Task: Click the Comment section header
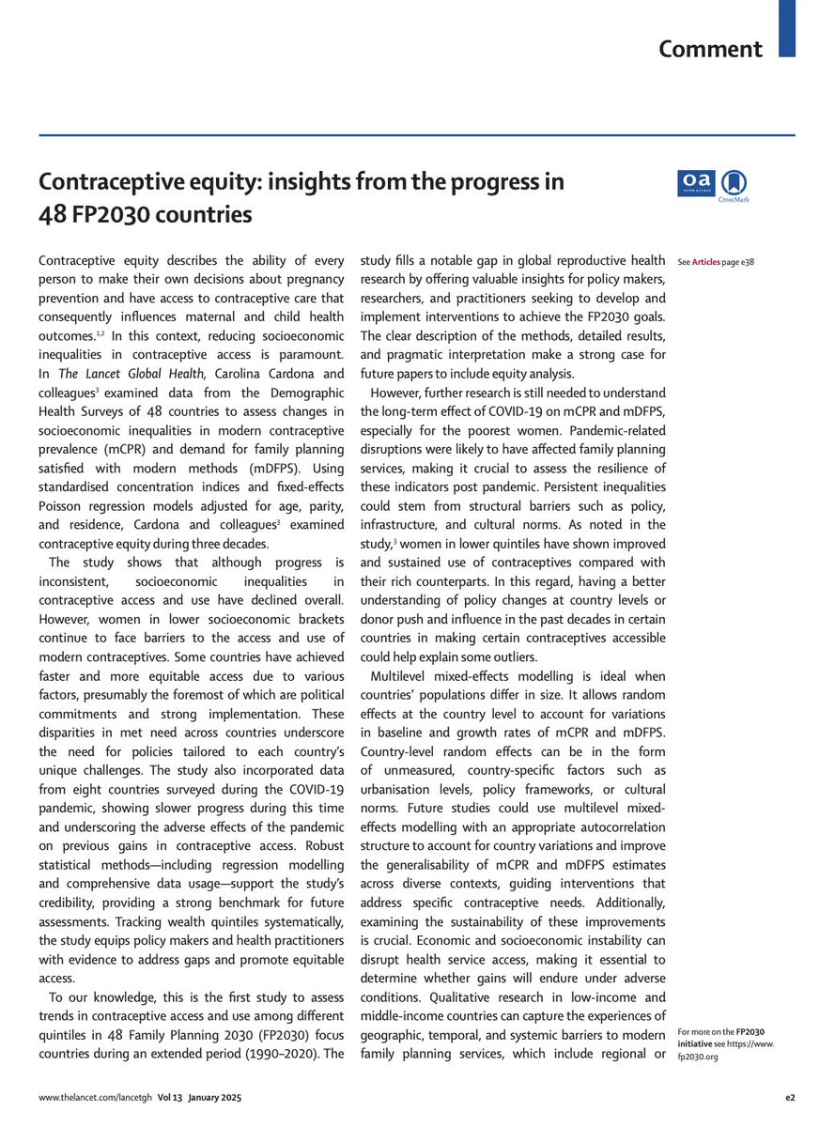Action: (x=710, y=49)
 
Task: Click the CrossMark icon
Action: (x=733, y=185)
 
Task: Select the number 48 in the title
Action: (x=52, y=214)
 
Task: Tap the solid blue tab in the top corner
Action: (x=787, y=26)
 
